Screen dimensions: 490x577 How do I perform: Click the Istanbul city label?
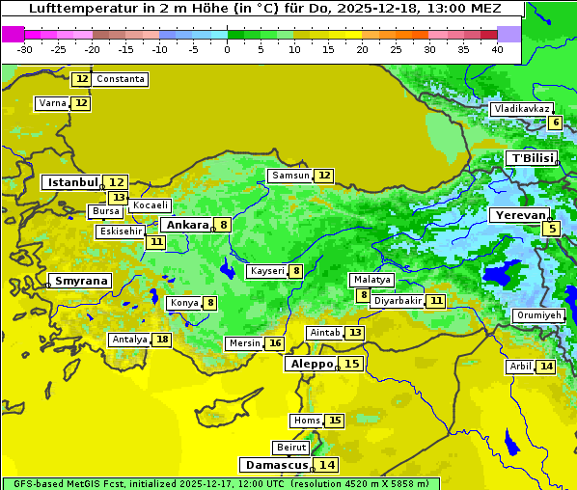[73, 182]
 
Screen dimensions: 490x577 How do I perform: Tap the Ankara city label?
[186, 225]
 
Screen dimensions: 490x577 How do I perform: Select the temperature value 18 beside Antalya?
[162, 340]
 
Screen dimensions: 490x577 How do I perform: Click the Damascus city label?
[276, 465]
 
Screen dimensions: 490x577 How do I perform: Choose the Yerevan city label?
[519, 215]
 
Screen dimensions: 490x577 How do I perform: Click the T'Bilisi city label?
[532, 158]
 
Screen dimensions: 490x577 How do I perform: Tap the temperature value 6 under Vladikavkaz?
[555, 122]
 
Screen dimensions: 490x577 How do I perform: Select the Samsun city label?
[290, 176]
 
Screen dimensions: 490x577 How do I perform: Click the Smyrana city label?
[81, 281]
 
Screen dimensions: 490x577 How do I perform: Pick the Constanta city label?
[122, 79]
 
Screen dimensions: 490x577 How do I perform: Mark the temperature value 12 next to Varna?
[81, 103]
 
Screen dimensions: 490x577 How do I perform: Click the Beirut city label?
[291, 448]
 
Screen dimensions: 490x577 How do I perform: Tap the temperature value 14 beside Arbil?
[546, 367]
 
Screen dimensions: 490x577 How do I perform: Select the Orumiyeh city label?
[538, 315]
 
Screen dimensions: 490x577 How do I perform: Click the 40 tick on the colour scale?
[497, 49]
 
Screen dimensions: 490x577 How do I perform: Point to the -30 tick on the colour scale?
[25, 49]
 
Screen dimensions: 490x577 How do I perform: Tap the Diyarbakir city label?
[398, 301]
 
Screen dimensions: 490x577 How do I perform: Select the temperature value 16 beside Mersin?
[275, 343]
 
